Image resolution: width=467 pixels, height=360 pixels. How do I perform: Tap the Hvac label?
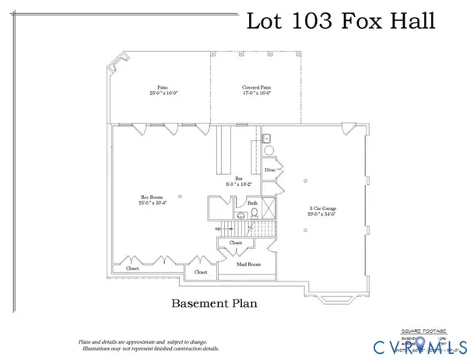click(269, 168)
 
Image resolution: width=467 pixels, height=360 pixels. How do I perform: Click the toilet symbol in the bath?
click(242, 214)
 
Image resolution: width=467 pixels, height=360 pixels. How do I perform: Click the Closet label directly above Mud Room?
click(236, 243)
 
